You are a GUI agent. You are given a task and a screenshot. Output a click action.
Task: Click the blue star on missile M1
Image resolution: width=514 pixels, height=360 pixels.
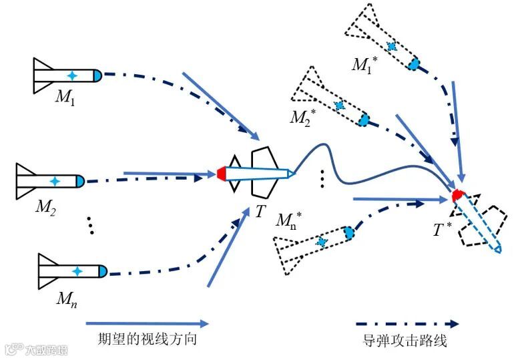[x=72, y=75]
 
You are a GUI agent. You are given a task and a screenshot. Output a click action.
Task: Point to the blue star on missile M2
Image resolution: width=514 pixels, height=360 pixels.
[x=55, y=181]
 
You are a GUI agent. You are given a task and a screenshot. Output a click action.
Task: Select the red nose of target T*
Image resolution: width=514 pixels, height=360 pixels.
[x=459, y=196]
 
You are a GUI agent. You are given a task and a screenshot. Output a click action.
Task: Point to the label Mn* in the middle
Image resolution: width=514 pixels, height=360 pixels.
[x=288, y=220]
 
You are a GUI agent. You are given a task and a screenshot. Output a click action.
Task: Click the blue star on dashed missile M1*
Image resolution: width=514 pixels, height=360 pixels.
[x=392, y=47]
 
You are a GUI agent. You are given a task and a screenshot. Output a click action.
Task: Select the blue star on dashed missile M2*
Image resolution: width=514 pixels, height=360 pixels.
[x=340, y=106]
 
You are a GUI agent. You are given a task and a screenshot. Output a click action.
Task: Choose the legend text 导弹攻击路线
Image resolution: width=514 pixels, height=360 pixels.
[x=405, y=341]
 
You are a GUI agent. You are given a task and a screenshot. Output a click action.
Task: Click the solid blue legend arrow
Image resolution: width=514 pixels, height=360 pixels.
[x=147, y=323]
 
